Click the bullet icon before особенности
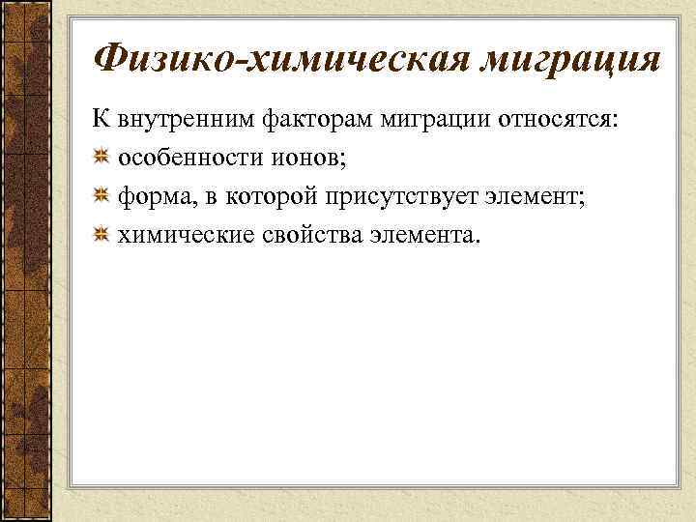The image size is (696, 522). tap(101, 159)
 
